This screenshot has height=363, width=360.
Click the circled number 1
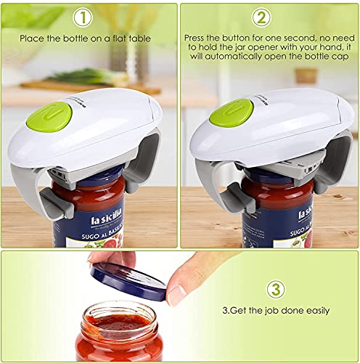click(x=86, y=17)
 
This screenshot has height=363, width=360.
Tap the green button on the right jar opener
click(x=232, y=113)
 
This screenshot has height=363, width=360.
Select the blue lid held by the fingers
click(x=128, y=280)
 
